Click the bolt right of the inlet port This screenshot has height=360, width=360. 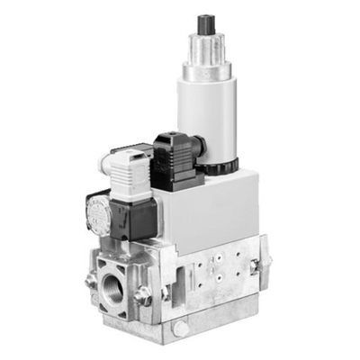[x=143, y=293]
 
